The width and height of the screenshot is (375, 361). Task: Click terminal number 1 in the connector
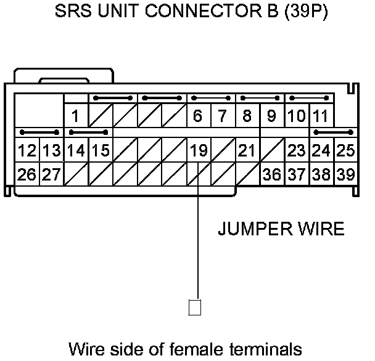75,116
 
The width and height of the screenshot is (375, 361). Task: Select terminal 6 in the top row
198,116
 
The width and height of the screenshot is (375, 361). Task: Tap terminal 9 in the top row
271,116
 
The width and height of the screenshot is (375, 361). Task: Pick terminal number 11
319,116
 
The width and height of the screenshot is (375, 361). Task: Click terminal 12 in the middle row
26,151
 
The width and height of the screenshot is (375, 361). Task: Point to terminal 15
100,151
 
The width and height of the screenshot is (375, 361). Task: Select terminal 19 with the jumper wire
198,151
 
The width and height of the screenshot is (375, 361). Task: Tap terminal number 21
247,151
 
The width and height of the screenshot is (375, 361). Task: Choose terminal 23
296,151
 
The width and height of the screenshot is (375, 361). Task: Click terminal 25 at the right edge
345,151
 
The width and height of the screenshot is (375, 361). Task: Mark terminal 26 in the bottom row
26,174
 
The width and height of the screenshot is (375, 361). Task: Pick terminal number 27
51,174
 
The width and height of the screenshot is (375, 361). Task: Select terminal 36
271,174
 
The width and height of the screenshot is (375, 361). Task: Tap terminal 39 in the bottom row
345,174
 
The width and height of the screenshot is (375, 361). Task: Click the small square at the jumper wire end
195,307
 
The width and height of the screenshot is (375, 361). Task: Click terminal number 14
75,151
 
